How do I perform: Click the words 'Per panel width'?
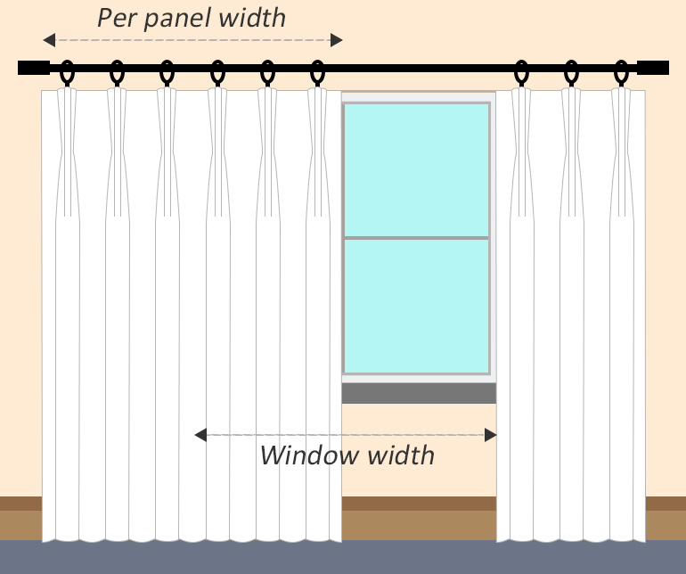click(x=191, y=17)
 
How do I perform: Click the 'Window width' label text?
click(x=347, y=455)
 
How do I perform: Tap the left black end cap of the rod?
click(x=33, y=68)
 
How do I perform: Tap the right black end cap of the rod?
click(x=653, y=68)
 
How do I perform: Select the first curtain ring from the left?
click(x=67, y=74)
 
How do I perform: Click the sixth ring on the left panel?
click(x=317, y=74)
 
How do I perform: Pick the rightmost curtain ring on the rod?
click(x=622, y=74)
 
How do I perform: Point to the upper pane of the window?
click(x=417, y=169)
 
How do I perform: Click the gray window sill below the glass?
click(x=418, y=393)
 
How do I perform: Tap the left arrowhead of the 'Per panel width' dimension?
click(x=49, y=39)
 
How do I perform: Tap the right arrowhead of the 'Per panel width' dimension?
click(x=336, y=39)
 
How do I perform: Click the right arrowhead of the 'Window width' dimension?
click(x=490, y=435)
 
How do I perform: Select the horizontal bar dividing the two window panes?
click(x=417, y=238)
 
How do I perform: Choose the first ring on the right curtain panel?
click(x=522, y=74)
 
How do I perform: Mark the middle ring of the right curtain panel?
click(x=572, y=74)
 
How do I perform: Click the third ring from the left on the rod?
click(x=167, y=74)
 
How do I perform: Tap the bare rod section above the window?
click(x=418, y=68)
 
